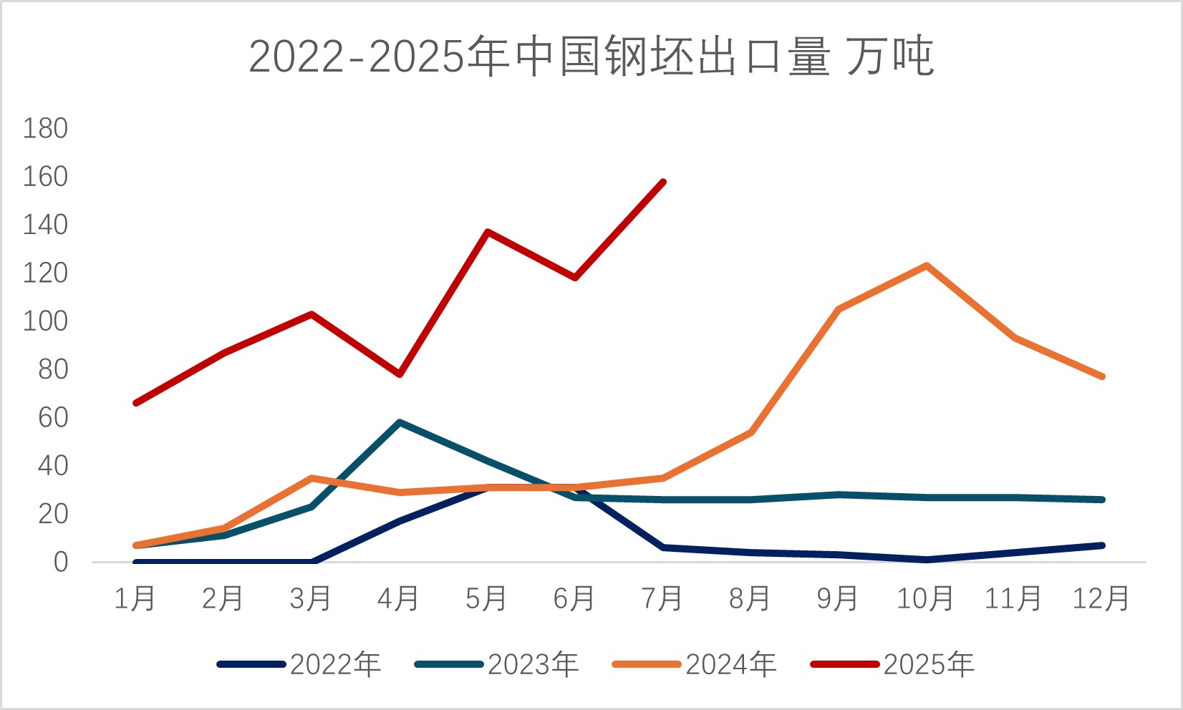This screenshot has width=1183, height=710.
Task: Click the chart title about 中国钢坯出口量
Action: click(x=591, y=57)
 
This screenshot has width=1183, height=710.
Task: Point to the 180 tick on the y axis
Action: click(x=45, y=129)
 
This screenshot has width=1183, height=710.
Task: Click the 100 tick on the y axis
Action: click(x=45, y=321)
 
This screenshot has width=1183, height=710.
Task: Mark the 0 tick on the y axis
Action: click(x=61, y=563)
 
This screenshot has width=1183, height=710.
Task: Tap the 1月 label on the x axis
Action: click(x=135, y=598)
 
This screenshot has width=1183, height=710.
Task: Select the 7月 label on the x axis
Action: click(x=662, y=598)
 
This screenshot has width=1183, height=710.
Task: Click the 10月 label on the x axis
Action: click(x=925, y=598)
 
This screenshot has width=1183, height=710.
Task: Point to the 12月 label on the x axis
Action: click(x=1101, y=598)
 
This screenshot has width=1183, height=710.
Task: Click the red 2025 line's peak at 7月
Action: click(x=664, y=182)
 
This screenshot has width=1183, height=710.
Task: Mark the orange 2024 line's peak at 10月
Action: click(x=927, y=266)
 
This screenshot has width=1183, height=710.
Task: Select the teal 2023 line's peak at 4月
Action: click(x=399, y=422)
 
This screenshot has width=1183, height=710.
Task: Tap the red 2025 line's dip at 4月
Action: click(x=400, y=374)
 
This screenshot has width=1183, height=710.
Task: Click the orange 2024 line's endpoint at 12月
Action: click(x=1102, y=376)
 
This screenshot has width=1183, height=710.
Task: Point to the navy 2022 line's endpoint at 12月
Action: click(x=1102, y=545)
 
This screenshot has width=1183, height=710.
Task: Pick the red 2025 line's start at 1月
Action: click(x=135, y=403)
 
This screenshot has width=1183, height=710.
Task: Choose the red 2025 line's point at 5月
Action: click(x=487, y=232)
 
